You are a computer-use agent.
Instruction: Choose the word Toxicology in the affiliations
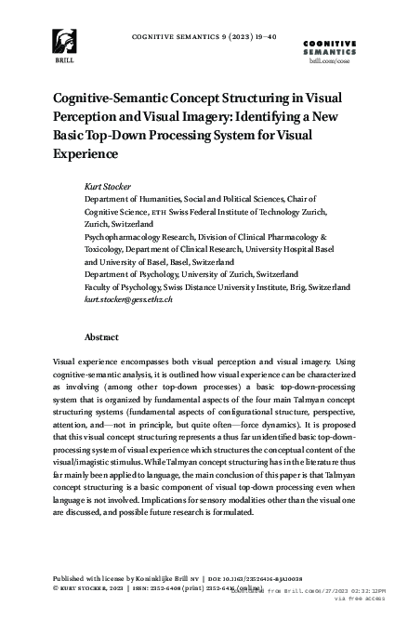(107, 250)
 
